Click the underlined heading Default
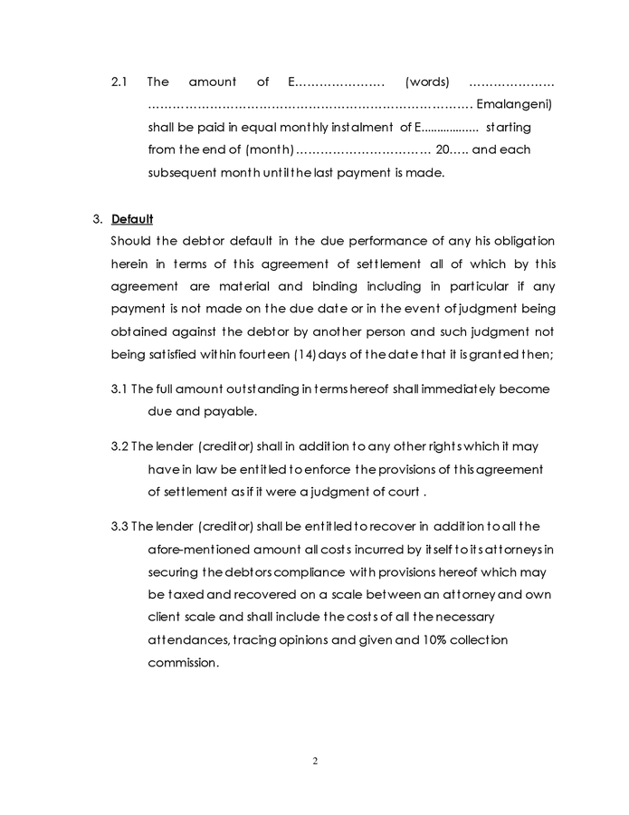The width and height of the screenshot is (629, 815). (132, 219)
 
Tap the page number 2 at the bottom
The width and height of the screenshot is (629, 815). (315, 760)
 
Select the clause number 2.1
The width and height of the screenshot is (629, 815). (119, 81)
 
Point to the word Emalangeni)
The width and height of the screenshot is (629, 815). (514, 104)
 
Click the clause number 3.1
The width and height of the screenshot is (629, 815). (119, 388)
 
